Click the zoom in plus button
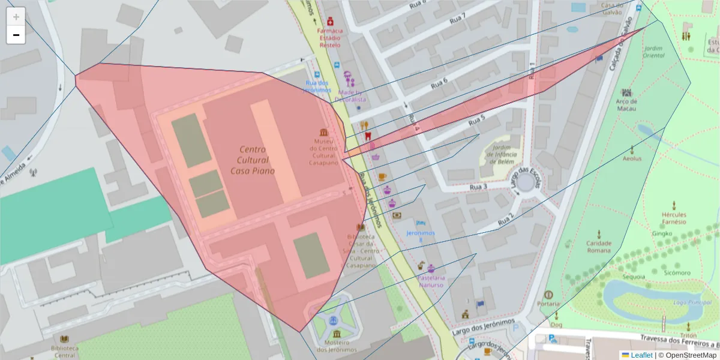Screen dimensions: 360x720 coord(16,16)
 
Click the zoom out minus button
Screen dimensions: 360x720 coord(16,35)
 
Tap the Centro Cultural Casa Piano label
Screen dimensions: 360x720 coord(252,160)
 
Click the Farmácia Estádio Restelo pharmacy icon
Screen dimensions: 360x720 coord(330,21)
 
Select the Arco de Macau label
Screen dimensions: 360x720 coord(626,101)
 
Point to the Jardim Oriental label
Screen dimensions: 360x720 coord(653,52)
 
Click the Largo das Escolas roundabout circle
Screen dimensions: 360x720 coord(526,181)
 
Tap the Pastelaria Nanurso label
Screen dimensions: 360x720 coord(431,281)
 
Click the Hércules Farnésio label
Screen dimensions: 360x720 coord(674,218)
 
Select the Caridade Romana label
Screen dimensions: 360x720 coord(599,247)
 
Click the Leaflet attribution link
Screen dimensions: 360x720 coord(641,355)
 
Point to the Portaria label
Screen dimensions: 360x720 coord(548,304)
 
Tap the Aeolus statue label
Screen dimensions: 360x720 coord(632,158)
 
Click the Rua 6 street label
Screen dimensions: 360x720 coord(440,83)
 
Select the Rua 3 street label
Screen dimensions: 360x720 coord(478,187)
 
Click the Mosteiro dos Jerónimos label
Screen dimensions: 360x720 coord(337,346)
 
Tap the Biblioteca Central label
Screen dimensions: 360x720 coord(64,351)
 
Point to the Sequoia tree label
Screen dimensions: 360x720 coord(634,277)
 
